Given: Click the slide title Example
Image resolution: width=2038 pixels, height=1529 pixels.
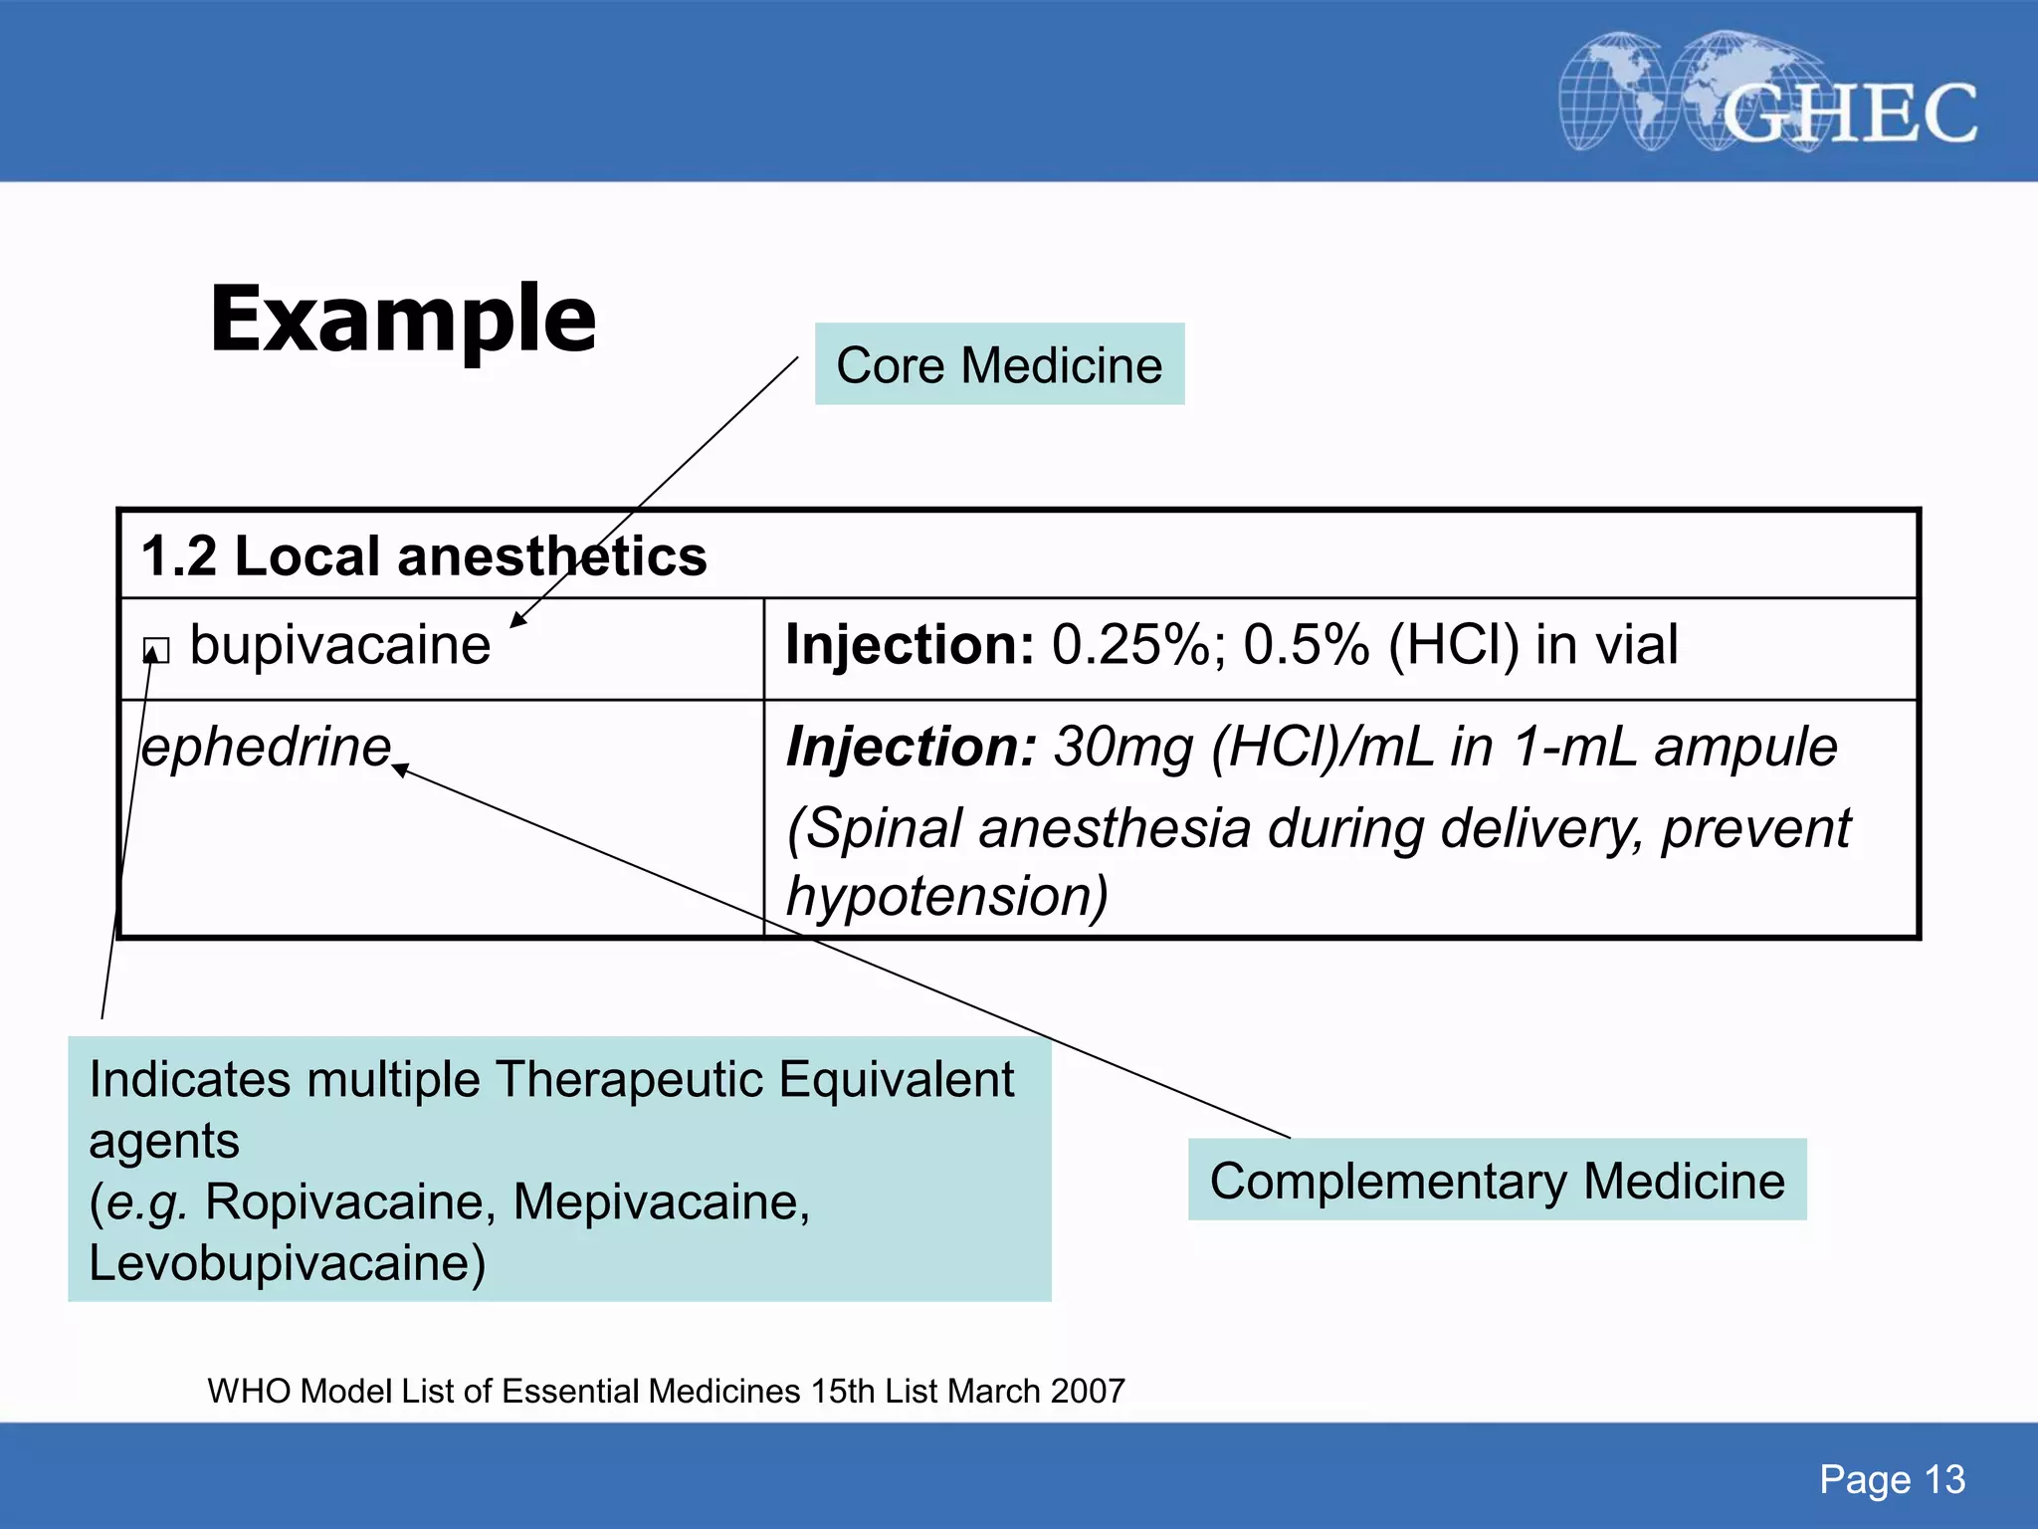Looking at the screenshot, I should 403,321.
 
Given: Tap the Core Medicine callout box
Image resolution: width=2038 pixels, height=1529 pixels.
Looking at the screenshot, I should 999,364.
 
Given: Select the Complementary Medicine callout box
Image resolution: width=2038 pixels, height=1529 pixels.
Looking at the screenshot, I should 1497,1181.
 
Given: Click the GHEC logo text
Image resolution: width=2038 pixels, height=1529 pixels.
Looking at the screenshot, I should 1849,113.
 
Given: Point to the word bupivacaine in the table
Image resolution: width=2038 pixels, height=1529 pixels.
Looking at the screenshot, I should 340,645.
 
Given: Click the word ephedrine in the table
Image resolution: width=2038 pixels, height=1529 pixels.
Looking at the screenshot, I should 267,748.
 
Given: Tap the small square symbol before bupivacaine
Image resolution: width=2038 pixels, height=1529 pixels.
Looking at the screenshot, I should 156,651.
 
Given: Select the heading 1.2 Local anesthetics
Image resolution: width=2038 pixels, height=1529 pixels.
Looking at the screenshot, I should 424,555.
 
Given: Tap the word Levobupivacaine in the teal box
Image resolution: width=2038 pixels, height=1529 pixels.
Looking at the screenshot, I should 287,1263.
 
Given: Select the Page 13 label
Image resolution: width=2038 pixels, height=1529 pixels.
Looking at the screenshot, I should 1892,1479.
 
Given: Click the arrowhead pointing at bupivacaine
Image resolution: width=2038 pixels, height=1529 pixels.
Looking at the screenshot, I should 517,620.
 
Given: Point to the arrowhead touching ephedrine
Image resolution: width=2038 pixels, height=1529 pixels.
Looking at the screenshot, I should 400,768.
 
